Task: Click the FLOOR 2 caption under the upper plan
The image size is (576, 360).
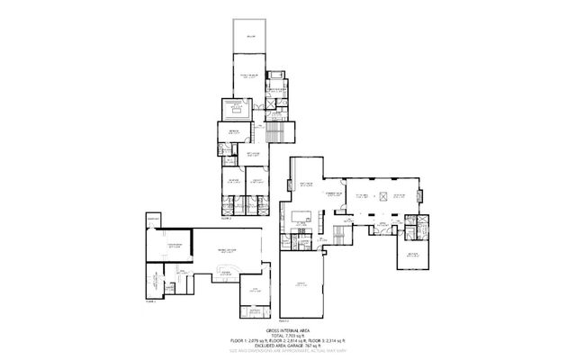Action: click(x=226, y=218)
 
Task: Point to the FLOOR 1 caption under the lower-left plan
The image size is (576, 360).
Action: click(x=151, y=302)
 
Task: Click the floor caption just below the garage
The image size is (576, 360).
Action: click(x=283, y=320)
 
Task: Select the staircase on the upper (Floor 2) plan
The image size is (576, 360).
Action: click(x=266, y=135)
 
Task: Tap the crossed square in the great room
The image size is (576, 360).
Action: click(x=380, y=195)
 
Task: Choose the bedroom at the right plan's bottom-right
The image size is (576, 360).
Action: click(x=411, y=255)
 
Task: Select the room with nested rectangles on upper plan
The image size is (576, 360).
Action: click(x=240, y=110)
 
